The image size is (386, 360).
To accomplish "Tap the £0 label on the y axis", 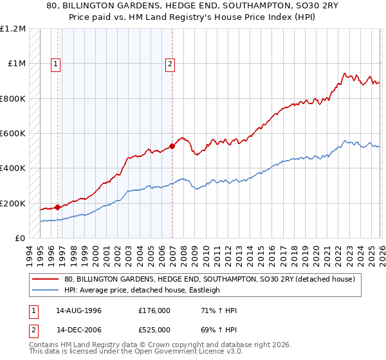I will (x=19, y=239).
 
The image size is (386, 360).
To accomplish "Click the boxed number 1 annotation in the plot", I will (x=57, y=64).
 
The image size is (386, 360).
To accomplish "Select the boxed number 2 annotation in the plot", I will (x=170, y=64).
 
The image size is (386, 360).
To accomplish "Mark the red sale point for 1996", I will (x=58, y=207).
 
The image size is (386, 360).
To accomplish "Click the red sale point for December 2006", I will (x=172, y=146).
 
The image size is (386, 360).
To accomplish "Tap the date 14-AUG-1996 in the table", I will (x=79, y=310).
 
